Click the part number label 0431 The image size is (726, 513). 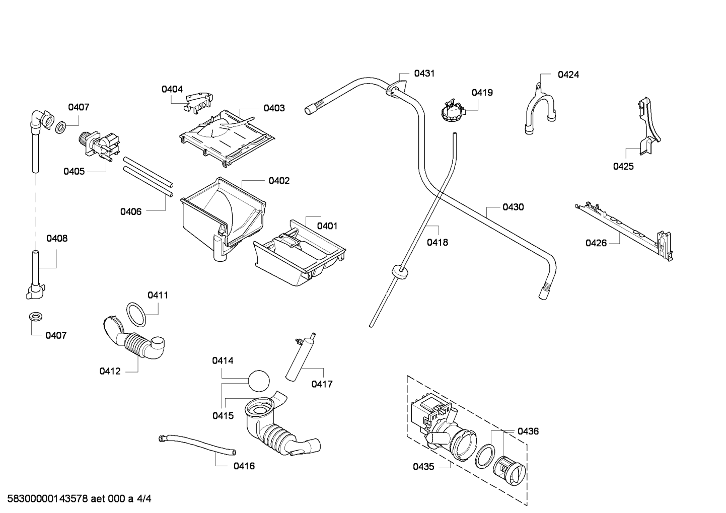[424, 74]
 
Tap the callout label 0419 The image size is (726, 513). [482, 93]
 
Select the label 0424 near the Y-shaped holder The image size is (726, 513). [568, 75]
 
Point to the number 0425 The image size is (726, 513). [623, 167]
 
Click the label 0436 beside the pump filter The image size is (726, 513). [528, 431]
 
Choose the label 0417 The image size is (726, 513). [322, 384]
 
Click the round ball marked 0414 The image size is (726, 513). [259, 381]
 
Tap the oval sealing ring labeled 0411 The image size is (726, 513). [136, 315]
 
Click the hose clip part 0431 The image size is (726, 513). [396, 88]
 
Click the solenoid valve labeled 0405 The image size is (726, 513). [99, 146]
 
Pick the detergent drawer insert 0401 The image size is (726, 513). [299, 253]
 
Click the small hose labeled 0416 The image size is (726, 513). [197, 445]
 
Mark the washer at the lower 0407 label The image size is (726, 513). [35, 317]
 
